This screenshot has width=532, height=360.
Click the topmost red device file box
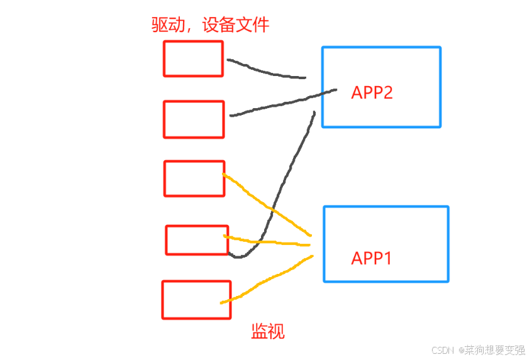193,58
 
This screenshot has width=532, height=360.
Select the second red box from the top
194,119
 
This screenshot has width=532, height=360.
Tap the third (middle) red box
194,178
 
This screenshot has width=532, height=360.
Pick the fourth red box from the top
197,240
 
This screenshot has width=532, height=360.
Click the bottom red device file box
196,299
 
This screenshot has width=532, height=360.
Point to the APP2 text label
372,93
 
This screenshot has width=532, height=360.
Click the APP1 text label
371,258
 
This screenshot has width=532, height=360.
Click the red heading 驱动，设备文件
210,25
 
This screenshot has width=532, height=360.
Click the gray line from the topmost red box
264,71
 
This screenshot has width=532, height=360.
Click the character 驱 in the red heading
160,25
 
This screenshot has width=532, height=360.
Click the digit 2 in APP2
387,93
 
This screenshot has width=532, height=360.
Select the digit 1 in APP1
387,258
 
